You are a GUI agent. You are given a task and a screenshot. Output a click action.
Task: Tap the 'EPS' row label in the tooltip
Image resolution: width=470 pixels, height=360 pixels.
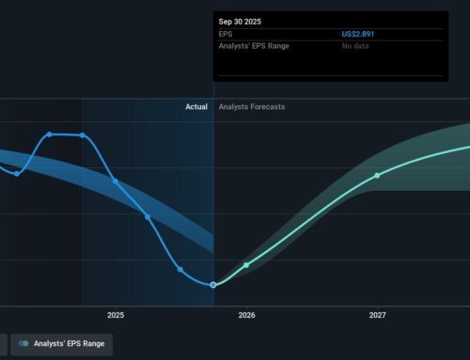point(226,35)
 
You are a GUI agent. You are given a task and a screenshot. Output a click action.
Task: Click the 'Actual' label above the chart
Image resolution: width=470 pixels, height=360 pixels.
point(196,107)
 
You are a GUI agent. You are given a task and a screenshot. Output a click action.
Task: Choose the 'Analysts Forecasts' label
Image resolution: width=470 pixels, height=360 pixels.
point(251,107)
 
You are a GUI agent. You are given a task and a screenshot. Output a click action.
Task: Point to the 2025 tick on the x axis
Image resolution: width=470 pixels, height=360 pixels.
point(116,316)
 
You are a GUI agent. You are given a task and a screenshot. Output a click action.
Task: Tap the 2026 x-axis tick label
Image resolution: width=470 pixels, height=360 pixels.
point(245,316)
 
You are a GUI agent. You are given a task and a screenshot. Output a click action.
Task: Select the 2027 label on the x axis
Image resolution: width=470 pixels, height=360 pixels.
point(377,316)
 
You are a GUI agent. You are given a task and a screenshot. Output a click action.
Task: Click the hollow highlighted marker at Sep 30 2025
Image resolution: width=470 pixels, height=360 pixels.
point(213,284)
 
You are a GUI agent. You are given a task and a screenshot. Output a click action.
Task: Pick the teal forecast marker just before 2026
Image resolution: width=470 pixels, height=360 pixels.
point(246,265)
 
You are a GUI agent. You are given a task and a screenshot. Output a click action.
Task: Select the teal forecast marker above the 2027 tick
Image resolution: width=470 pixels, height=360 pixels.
point(377,176)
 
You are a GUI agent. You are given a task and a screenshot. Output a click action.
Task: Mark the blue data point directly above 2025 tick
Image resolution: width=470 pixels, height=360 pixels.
point(116,180)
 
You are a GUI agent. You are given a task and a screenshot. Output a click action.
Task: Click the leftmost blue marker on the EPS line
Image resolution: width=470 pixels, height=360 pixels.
point(17,173)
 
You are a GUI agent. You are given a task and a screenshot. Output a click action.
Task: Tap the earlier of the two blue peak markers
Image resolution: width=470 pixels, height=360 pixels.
point(50,134)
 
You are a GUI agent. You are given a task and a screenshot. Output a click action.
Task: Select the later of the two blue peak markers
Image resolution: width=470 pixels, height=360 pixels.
point(83,135)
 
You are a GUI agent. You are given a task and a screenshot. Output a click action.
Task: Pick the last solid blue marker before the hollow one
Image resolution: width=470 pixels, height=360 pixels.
point(180,270)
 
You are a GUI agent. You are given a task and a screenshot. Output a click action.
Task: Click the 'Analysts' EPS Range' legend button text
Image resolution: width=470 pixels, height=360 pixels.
point(69,344)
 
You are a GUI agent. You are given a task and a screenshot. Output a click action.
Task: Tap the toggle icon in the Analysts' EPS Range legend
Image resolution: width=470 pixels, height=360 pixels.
point(23,344)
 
